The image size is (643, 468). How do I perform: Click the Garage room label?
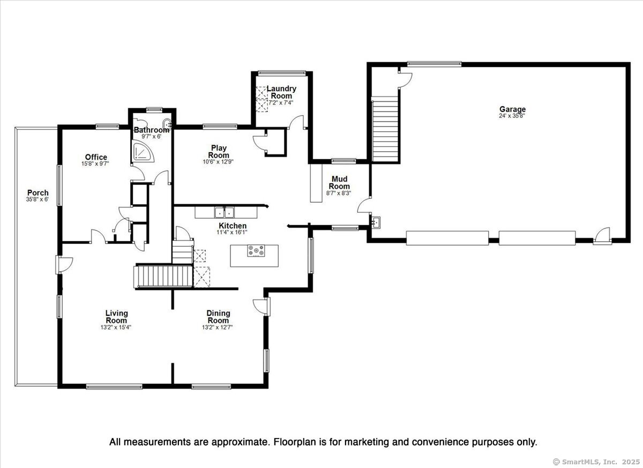click(512, 109)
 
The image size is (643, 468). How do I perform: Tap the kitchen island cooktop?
click(256, 250)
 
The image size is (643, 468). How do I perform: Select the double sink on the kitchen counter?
click(224, 212)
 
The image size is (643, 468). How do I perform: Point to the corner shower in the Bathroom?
click(143, 151)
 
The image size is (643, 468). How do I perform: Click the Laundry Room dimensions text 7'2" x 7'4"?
click(280, 102)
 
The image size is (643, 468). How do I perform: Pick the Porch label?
click(38, 192)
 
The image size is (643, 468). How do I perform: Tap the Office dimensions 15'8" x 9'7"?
click(95, 164)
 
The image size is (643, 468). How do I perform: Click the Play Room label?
click(219, 151)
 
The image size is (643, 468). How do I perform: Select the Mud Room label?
click(339, 182)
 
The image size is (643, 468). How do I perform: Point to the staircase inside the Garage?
click(385, 129)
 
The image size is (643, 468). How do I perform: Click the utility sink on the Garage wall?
click(376, 222)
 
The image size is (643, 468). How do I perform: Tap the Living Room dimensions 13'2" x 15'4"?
click(116, 327)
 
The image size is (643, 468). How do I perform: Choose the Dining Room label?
click(219, 316)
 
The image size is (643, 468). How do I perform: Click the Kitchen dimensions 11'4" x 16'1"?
click(232, 232)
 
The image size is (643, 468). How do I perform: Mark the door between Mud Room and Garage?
click(363, 205)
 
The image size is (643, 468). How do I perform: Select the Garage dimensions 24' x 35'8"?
click(512, 116)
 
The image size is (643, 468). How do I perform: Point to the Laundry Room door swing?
click(296, 122)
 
